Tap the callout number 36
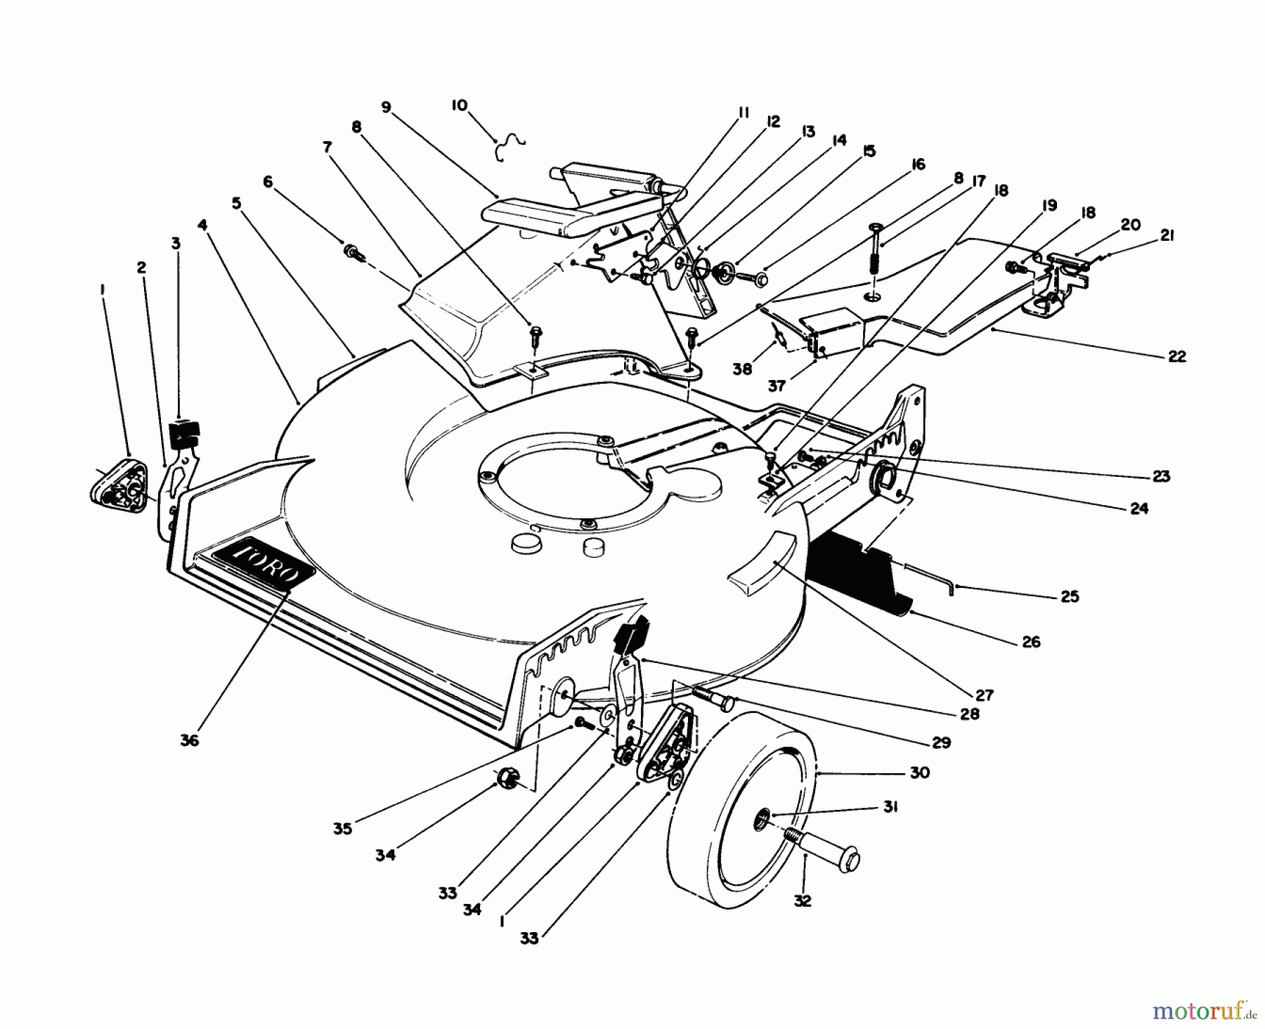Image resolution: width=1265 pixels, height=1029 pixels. pos(189,740)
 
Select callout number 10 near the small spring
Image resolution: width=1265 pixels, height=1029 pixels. pos(459,105)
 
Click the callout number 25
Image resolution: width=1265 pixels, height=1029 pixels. pos(1070,596)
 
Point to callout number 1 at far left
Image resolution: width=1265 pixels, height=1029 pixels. pos(103,287)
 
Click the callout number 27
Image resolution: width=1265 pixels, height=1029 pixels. pos(984,695)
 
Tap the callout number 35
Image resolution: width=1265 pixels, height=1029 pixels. pos(342,829)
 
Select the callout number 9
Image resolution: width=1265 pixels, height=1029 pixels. pos(386,107)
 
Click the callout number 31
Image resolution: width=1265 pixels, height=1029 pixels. pos(890,807)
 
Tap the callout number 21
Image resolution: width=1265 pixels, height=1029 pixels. pos(1167,237)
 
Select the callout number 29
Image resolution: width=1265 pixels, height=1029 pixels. pos(941,742)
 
